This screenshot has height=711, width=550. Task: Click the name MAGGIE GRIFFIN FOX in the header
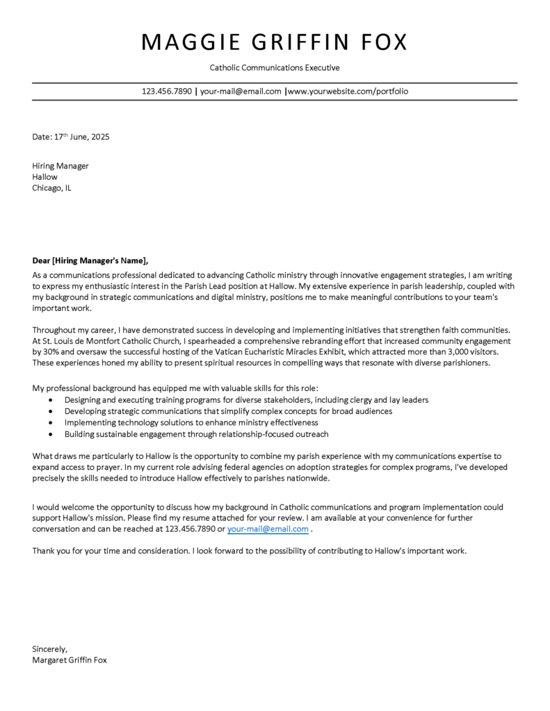275,42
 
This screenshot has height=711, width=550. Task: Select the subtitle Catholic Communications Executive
275,68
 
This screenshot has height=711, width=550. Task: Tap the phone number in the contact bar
167,91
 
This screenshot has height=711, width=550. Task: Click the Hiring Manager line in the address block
60,166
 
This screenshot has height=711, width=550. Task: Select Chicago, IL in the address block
51,188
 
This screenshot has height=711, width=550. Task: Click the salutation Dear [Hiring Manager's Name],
90,261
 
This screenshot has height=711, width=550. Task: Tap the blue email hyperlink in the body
268,529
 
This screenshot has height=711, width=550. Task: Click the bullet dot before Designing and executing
51,401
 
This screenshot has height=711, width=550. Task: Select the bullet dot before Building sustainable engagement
51,434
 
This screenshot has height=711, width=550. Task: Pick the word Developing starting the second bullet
85,411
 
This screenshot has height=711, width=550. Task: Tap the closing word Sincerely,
50,649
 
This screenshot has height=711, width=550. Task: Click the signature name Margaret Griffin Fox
70,660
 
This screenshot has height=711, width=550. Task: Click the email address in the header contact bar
241,91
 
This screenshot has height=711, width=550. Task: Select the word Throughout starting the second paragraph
56,330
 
